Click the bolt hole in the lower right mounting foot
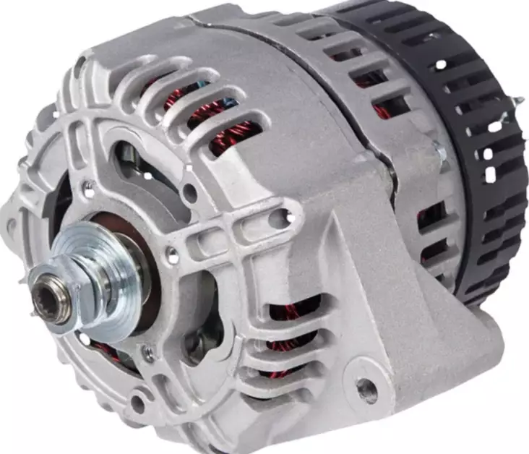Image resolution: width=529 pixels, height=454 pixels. click(367, 390)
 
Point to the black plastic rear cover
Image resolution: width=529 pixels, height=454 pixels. click(463, 145)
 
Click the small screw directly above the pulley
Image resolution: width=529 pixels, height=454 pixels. click(88, 189)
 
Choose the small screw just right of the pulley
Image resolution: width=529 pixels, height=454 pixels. click(173, 254)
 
